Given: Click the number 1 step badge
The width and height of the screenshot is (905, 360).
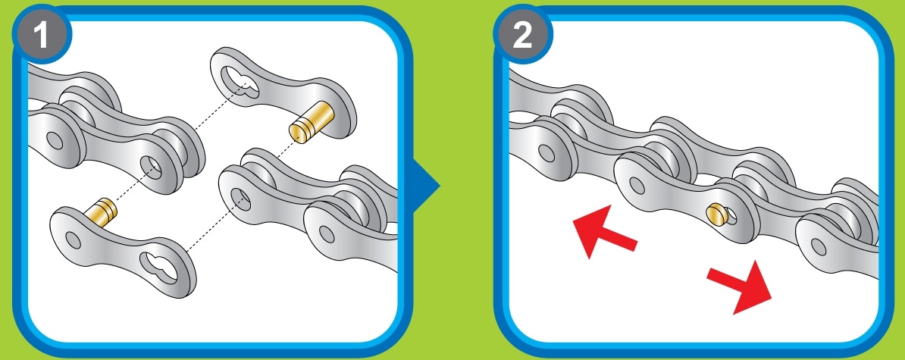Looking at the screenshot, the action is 42,35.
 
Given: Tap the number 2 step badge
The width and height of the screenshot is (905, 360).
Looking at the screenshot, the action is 523,35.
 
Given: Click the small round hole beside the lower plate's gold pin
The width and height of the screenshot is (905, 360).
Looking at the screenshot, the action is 74,239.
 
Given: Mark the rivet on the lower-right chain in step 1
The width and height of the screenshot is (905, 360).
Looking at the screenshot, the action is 327,234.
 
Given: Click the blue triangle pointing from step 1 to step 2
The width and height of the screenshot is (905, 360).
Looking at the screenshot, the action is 427,186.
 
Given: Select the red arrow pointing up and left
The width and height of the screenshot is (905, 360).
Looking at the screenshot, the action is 604,230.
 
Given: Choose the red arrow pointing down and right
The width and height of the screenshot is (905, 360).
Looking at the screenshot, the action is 739,286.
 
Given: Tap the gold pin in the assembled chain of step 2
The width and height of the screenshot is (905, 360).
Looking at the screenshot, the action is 716,213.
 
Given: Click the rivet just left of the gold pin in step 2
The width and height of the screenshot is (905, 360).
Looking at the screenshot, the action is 637,186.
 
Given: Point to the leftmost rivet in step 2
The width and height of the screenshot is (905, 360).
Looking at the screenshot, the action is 545,153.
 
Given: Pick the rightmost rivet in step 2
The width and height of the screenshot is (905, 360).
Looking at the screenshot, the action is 819,247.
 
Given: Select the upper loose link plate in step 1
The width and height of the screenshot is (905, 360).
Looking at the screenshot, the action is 283,93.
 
